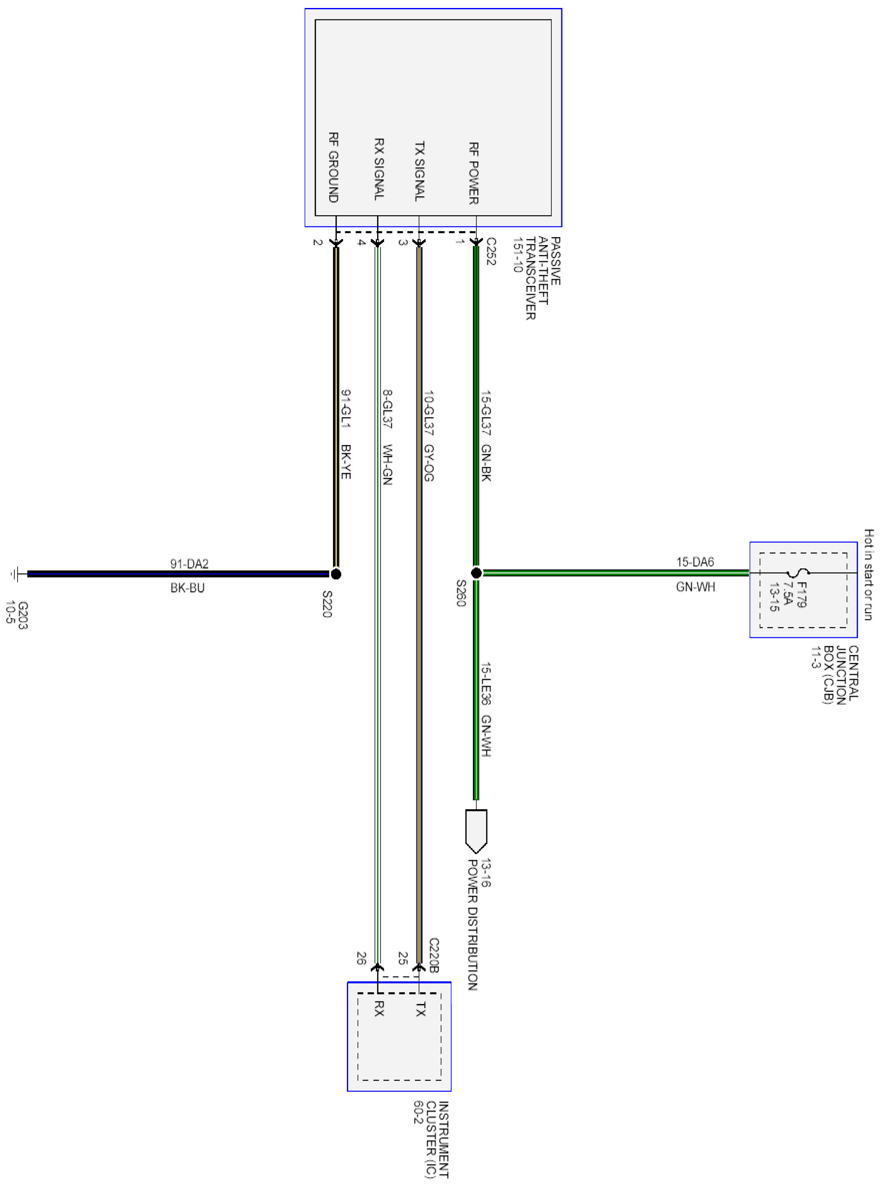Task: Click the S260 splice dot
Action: click(x=476, y=573)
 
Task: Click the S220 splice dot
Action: click(x=336, y=574)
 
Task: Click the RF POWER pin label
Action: click(x=473, y=173)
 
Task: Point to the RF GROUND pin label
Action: click(x=333, y=167)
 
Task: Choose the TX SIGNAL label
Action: click(x=420, y=171)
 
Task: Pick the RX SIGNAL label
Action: click(x=378, y=169)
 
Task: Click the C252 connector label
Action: click(x=491, y=251)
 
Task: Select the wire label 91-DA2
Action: click(x=189, y=564)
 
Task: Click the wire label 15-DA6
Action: click(x=695, y=562)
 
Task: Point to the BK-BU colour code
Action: click(x=188, y=588)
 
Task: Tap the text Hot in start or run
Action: click(x=869, y=574)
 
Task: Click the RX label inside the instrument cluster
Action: click(x=378, y=1008)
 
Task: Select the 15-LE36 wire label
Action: click(x=486, y=684)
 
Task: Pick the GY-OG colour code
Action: click(x=428, y=463)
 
